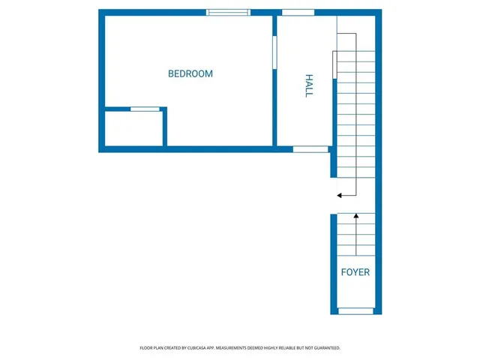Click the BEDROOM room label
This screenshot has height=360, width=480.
[x=190, y=74]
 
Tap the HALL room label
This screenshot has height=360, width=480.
[x=308, y=85]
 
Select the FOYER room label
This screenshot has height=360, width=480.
[x=355, y=272]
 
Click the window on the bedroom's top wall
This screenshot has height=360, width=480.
[x=229, y=12]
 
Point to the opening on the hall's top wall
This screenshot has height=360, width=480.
[x=298, y=12]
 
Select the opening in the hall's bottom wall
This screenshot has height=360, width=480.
[x=310, y=149]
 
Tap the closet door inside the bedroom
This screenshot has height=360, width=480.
[x=145, y=109]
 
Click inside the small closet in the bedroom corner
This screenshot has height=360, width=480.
[x=133, y=129]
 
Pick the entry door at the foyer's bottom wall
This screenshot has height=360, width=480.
[x=355, y=310]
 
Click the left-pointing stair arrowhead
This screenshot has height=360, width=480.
[x=340, y=195]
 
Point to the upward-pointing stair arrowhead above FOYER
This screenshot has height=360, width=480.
[x=356, y=217]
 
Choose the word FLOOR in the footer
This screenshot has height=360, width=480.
[x=146, y=348]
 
